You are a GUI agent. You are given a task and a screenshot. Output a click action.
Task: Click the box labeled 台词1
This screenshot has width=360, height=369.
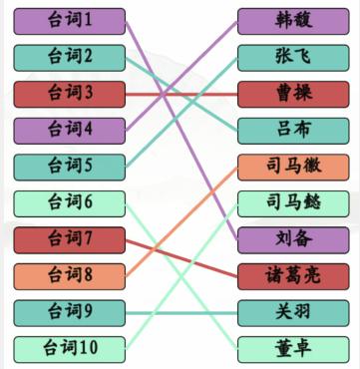pyautogui.click(x=71, y=20)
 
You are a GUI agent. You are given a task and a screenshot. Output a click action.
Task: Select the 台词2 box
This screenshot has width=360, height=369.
pyautogui.click(x=71, y=57)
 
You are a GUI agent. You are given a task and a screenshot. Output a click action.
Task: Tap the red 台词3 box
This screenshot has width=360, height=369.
pyautogui.click(x=71, y=94)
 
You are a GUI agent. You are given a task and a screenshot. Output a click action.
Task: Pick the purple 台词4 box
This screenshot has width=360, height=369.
pyautogui.click(x=71, y=130)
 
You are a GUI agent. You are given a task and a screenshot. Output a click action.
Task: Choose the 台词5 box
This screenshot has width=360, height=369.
pyautogui.click(x=71, y=167)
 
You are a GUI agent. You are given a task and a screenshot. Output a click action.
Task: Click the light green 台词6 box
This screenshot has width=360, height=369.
pyautogui.click(x=71, y=203)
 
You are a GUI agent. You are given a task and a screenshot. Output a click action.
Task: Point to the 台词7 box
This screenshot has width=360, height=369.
pyautogui.click(x=71, y=239)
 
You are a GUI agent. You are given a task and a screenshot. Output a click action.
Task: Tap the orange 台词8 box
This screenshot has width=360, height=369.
pyautogui.click(x=71, y=276)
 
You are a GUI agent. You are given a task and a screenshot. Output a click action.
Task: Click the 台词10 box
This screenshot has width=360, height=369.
pyautogui.click(x=71, y=349)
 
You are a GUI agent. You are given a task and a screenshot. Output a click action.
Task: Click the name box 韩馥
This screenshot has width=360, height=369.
pyautogui.click(x=293, y=20)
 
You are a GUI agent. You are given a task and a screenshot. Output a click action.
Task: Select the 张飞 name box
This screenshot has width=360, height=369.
pyautogui.click(x=293, y=57)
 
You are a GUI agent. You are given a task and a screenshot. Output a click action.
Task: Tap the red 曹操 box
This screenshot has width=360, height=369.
pyautogui.click(x=293, y=94)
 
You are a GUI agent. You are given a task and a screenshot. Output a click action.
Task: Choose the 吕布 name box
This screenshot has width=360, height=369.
pyautogui.click(x=293, y=130)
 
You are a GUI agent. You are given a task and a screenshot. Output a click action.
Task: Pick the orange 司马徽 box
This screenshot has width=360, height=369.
pyautogui.click(x=293, y=167)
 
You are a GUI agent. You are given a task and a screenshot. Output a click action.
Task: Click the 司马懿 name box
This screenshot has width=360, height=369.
pyautogui.click(x=293, y=203)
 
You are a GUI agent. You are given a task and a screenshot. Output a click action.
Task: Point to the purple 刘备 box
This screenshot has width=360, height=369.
pyautogui.click(x=293, y=239)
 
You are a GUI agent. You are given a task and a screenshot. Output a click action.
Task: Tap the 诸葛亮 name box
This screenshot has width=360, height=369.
pyautogui.click(x=293, y=276)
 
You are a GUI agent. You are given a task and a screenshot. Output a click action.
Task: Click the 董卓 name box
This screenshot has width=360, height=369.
pyautogui.click(x=293, y=349)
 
